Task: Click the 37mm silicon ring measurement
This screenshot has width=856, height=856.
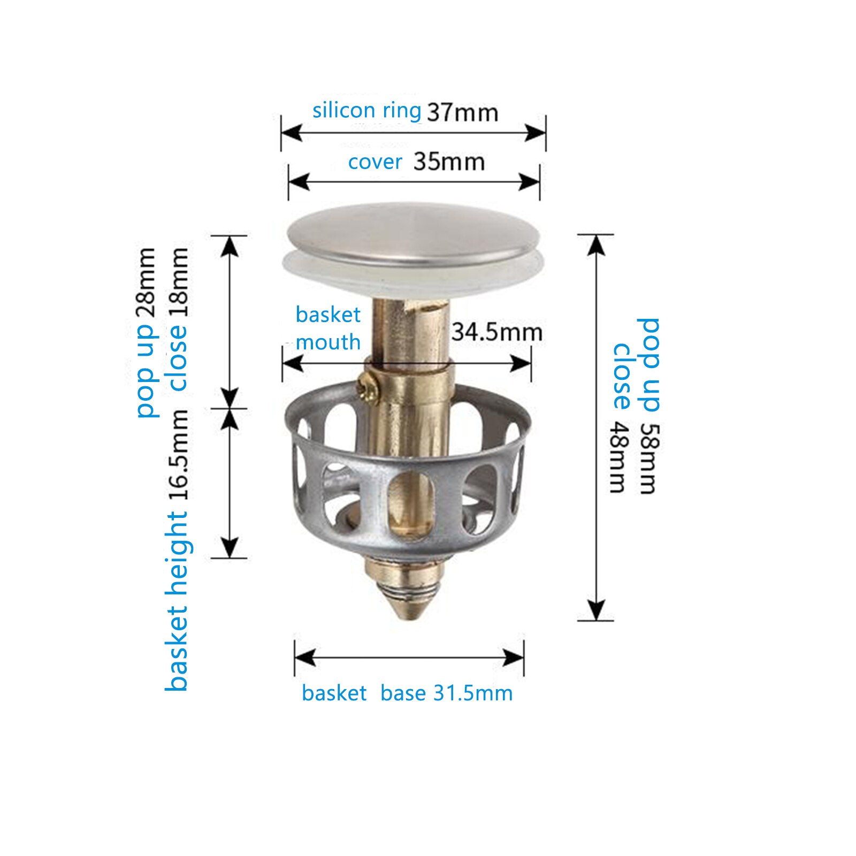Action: click(x=463, y=112)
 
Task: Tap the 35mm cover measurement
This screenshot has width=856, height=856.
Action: click(x=449, y=162)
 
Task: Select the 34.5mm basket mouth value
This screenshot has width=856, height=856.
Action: click(x=497, y=332)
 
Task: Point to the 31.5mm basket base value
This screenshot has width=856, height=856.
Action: click(x=473, y=693)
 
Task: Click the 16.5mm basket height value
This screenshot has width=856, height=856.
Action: click(x=179, y=455)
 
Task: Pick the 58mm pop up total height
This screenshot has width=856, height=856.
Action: click(x=650, y=458)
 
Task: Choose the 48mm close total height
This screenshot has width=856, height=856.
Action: click(x=619, y=457)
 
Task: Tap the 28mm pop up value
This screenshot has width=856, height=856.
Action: click(x=146, y=283)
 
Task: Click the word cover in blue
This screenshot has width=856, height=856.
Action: click(x=375, y=162)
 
